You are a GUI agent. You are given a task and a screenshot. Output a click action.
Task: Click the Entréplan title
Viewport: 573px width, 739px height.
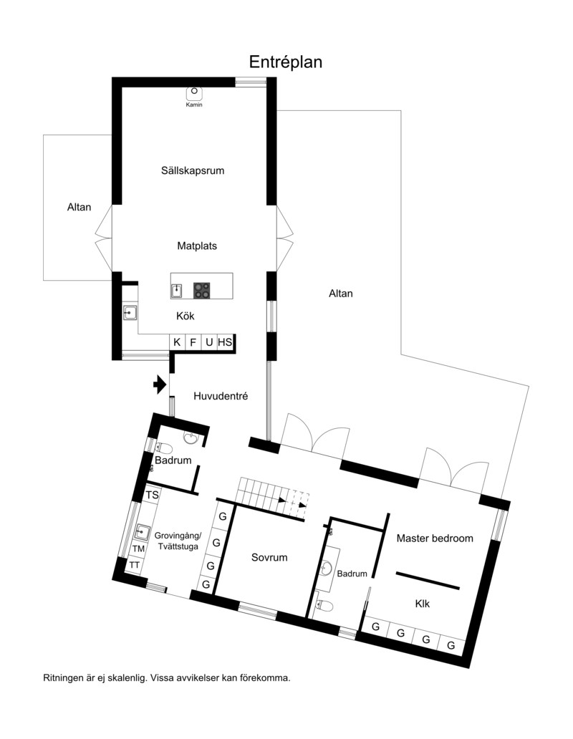click(x=286, y=62)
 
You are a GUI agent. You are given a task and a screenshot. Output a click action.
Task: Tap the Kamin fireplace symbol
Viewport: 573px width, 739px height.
click(x=194, y=93)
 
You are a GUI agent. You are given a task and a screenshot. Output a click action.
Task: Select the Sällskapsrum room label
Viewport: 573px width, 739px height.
click(x=193, y=170)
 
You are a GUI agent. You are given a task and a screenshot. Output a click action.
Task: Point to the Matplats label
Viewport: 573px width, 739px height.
click(x=197, y=246)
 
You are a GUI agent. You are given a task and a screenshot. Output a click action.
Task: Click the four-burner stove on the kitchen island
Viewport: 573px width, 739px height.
click(x=202, y=290)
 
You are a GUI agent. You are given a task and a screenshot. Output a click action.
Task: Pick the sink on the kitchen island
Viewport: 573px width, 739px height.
click(x=176, y=291)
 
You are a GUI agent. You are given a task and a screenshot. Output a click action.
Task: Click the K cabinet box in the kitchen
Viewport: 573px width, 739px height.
click(x=177, y=342)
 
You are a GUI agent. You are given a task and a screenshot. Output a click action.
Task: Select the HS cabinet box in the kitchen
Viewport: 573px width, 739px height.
click(x=225, y=342)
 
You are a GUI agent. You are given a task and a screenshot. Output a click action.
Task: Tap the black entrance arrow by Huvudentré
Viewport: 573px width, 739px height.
click(x=160, y=385)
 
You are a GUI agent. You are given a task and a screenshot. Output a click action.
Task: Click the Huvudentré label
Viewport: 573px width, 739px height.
click(x=221, y=397)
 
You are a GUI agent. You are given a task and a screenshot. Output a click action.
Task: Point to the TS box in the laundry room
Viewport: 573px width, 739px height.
click(x=152, y=495)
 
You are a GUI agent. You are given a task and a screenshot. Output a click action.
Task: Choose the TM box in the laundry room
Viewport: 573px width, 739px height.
click(x=138, y=549)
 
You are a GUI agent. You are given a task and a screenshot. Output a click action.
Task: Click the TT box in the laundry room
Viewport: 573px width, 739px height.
click(x=135, y=565)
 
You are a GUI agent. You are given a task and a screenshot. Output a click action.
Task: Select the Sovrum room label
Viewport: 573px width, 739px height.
click(x=269, y=558)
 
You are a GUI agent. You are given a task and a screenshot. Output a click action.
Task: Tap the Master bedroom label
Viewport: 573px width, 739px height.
click(x=435, y=538)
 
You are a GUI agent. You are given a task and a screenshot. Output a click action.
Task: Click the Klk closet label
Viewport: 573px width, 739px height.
click(x=422, y=604)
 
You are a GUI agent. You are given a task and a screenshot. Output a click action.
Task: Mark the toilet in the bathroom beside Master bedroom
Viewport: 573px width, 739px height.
click(x=324, y=605)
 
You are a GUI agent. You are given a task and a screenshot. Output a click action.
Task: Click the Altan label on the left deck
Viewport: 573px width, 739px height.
click(x=79, y=207)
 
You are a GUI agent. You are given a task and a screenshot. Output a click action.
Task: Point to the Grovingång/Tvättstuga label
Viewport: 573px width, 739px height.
click(x=178, y=541)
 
